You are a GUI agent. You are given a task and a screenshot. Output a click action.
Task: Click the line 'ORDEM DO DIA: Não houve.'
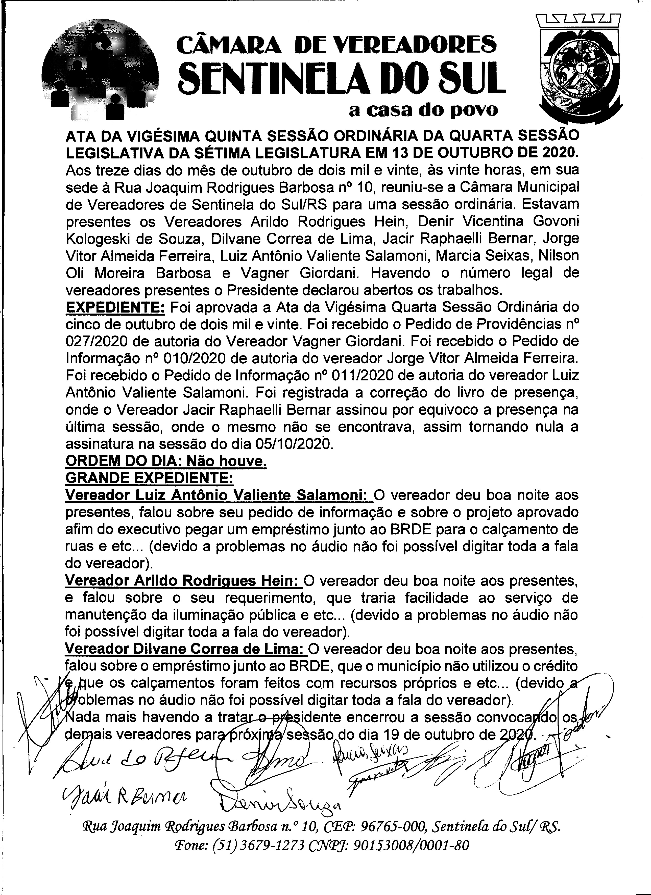pyautogui.click(x=166, y=461)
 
